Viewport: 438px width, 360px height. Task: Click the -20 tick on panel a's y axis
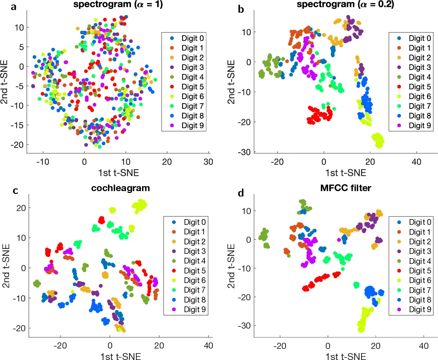pos(18,144)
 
